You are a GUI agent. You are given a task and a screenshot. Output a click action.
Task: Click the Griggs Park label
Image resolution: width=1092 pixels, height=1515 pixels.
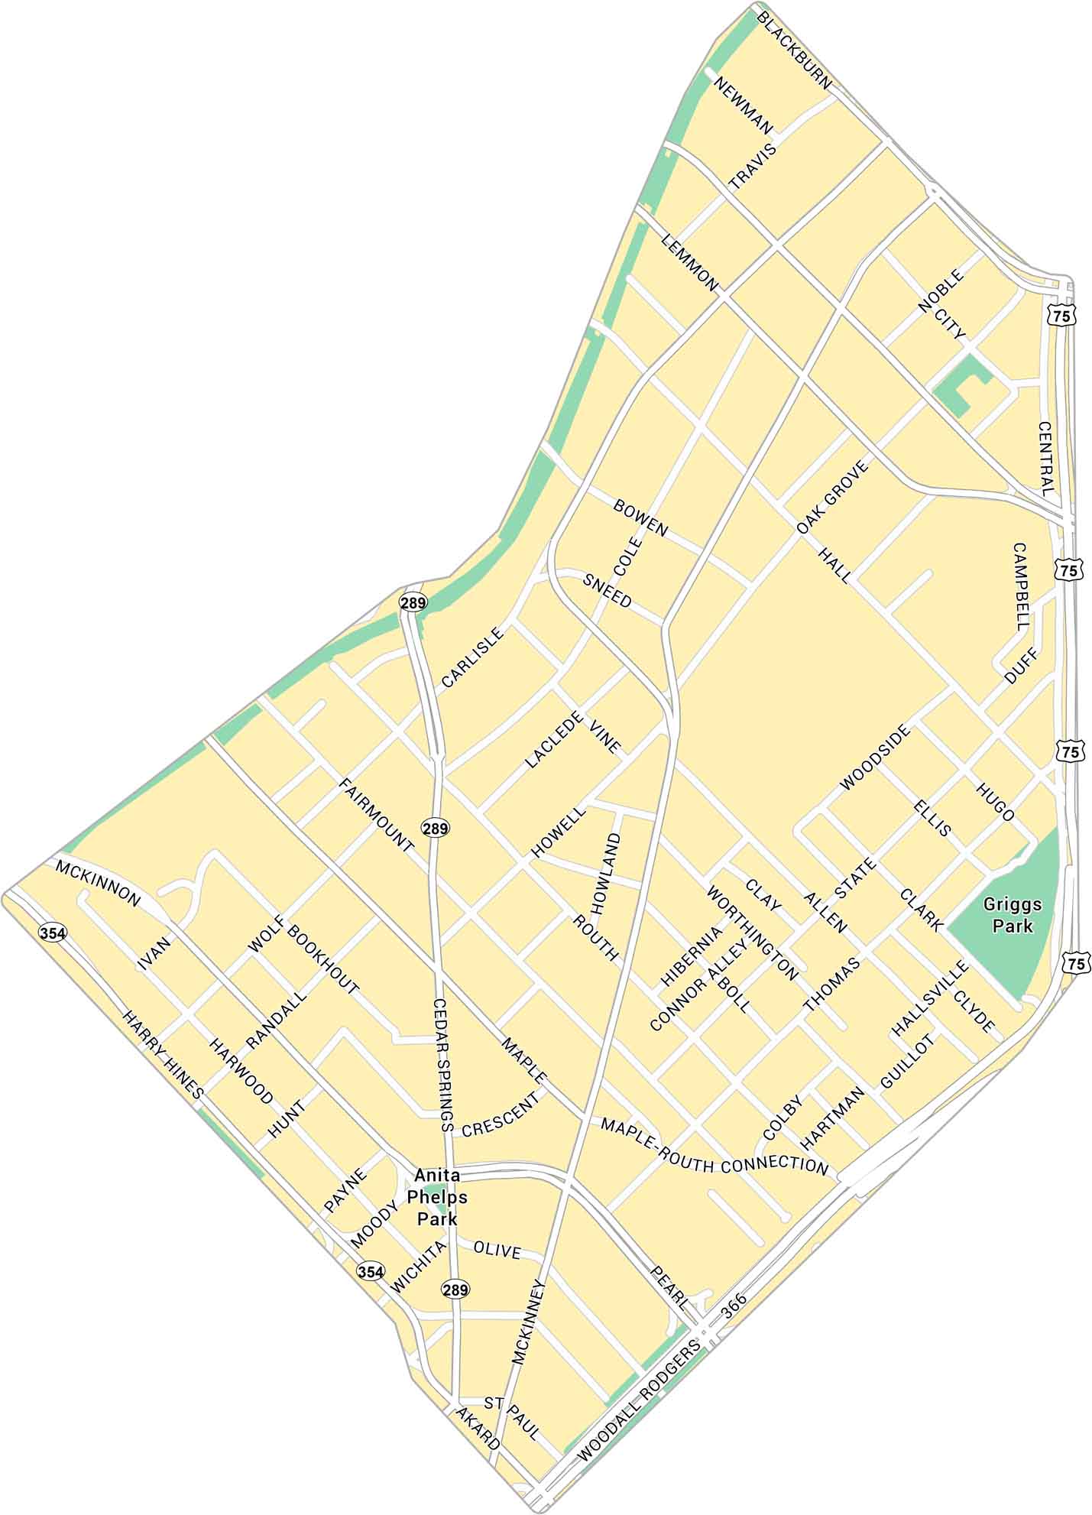[x=1013, y=915]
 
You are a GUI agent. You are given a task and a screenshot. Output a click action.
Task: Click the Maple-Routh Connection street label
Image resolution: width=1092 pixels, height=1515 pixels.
[x=714, y=1145]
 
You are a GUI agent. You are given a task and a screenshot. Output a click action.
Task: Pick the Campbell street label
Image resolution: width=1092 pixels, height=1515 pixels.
[x=1021, y=586]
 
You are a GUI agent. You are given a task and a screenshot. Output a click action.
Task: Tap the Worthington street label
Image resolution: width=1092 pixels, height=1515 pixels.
[x=751, y=933]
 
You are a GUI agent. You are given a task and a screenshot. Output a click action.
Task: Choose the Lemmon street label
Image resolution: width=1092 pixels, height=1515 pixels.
[x=689, y=262]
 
